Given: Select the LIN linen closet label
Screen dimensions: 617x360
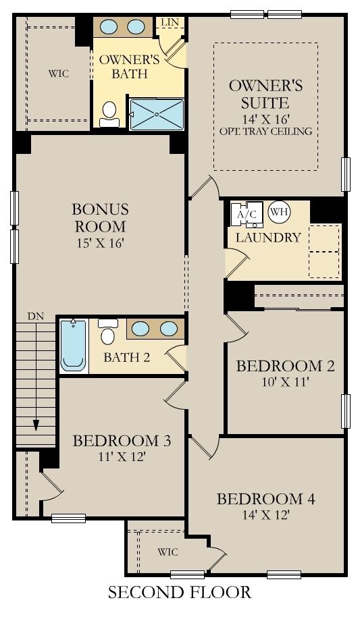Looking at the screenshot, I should [x=169, y=23].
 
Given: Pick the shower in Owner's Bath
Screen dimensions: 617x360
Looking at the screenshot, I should [x=156, y=114].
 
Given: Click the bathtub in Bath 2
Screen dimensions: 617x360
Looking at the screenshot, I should [x=73, y=346].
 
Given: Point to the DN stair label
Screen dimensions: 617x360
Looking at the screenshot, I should [x=35, y=315].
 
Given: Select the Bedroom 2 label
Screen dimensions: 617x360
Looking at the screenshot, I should [x=284, y=366].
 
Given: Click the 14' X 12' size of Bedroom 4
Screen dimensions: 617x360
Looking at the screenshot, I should [x=265, y=516].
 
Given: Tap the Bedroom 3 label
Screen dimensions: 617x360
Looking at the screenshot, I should [x=121, y=441].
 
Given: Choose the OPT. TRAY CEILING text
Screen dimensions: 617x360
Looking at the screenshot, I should [x=265, y=131].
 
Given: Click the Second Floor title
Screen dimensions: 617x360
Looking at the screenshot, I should [x=180, y=593].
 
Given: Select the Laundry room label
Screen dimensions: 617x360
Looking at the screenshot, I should [x=268, y=238].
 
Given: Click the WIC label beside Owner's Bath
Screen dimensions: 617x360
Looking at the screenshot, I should [x=58, y=73].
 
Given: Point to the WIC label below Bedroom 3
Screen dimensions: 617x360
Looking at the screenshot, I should [x=168, y=552].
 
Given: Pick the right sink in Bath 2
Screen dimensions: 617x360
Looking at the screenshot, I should [x=168, y=329].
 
